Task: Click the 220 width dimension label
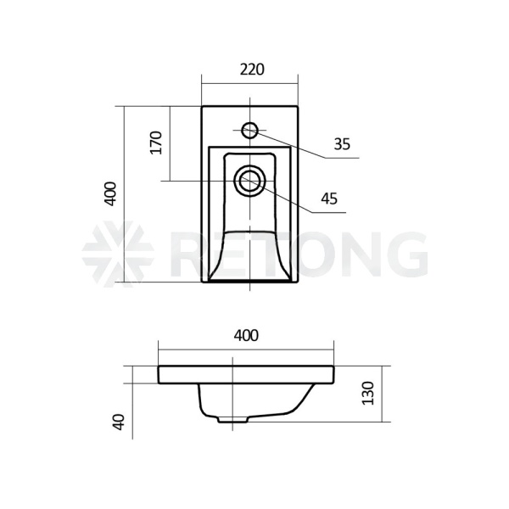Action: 252,70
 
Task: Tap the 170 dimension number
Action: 156,143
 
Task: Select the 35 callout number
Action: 342,144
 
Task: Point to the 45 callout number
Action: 329,199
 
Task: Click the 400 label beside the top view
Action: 110,193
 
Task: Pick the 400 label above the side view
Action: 246,336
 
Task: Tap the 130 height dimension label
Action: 368,394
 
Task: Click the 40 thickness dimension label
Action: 119,422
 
